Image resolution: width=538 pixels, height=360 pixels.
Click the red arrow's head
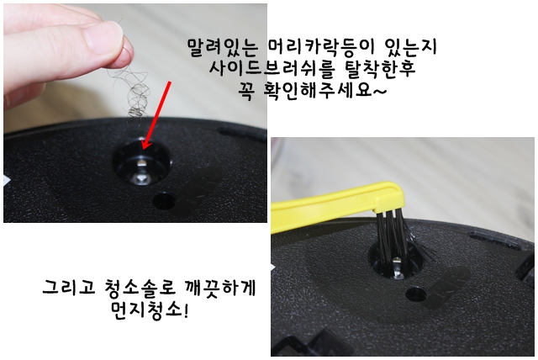pos(145,145)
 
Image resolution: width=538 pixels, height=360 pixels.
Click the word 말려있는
pos(222,47)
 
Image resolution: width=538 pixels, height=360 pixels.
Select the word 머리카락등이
pos(319,47)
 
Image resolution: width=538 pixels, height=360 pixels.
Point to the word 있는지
pos(410,47)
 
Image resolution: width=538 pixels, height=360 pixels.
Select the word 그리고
pos(68,287)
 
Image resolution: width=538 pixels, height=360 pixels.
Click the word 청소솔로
pos(140,288)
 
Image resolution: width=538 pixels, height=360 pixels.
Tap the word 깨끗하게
pos(220,288)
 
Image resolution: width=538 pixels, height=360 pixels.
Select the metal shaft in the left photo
pos(142,169)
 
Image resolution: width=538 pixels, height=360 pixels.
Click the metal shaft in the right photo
pos(397,267)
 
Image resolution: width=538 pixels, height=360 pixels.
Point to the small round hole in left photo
pos(164,201)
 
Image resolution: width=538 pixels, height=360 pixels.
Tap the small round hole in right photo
pos(416,294)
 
